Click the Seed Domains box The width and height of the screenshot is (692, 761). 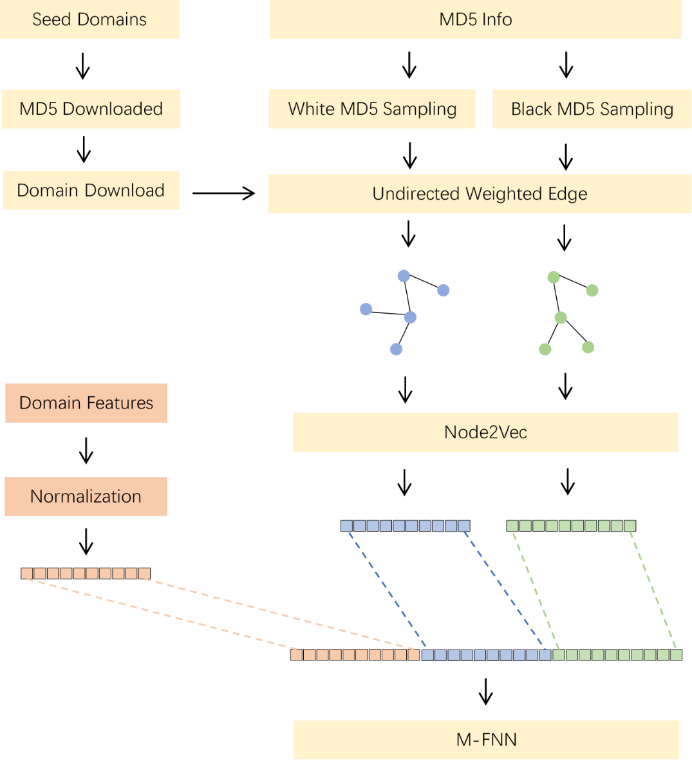[x=89, y=19]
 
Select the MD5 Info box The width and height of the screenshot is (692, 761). [x=475, y=19]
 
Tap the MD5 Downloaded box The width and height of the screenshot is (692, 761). [x=91, y=109]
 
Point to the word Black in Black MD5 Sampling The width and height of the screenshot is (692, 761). [x=531, y=110]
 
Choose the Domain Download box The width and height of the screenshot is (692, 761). [x=91, y=191]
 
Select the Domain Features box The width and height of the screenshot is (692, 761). [x=86, y=403]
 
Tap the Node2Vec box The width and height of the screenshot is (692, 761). [x=485, y=432]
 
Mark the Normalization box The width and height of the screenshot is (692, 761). [x=86, y=497]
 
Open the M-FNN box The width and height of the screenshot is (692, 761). [x=487, y=740]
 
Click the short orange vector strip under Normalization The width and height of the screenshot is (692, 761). [x=86, y=573]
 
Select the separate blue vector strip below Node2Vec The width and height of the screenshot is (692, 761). [x=406, y=526]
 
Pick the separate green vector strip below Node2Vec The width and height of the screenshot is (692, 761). [x=571, y=526]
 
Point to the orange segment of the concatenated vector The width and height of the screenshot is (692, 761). [x=355, y=655]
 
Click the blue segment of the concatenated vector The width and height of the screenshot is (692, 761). [x=487, y=655]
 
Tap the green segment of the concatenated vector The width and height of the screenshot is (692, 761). [x=617, y=655]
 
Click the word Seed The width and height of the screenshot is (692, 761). [x=51, y=19]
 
